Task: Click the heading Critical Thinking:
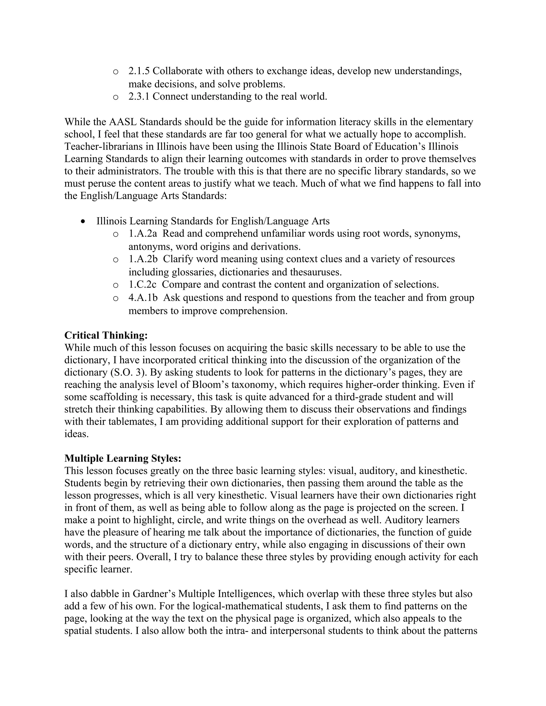tap(106, 335)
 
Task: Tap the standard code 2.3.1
tap(139, 96)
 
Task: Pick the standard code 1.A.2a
tap(143, 233)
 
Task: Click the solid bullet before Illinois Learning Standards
tap(83, 221)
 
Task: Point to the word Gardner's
tap(154, 594)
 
